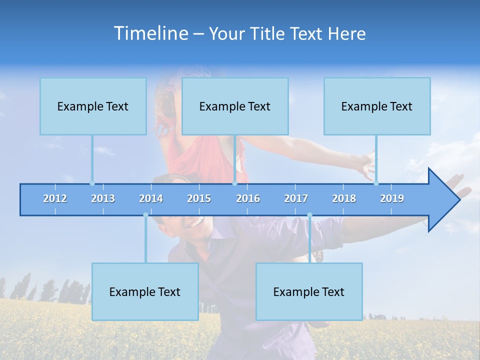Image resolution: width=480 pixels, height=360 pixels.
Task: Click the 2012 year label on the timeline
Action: [55, 198]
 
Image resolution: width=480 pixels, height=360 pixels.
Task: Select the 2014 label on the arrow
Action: [151, 198]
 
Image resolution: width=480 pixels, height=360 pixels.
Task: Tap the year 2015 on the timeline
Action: [199, 198]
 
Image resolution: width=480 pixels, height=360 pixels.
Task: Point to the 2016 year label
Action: [248, 198]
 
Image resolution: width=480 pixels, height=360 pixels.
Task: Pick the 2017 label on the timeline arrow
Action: [296, 198]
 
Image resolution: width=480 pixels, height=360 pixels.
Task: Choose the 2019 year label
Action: [392, 198]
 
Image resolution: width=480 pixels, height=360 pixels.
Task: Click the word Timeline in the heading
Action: [150, 33]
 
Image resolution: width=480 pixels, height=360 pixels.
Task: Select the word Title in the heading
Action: [269, 34]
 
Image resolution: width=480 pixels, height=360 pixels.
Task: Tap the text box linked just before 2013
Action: [93, 106]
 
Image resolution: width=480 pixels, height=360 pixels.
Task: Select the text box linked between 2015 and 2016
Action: [235, 106]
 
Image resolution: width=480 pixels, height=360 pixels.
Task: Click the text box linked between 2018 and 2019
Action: [377, 106]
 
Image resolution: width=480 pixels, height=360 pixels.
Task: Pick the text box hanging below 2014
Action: [145, 291]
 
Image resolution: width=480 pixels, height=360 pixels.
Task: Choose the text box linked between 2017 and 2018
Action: [309, 291]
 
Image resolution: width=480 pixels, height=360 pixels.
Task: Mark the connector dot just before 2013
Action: [92, 183]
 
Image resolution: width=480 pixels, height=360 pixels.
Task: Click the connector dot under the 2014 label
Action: [145, 215]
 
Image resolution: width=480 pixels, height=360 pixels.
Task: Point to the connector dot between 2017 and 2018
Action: [309, 215]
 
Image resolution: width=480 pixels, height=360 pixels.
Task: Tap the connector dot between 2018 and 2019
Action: [376, 183]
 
